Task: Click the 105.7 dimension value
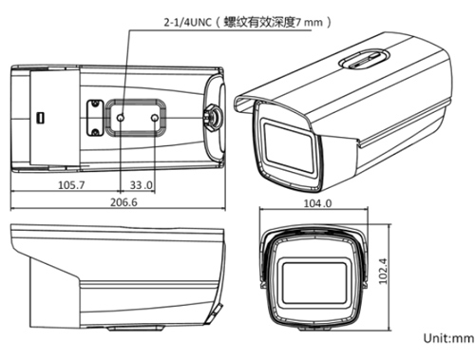click(71, 184)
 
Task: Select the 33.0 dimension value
click(142, 184)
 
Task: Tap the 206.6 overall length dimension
click(123, 202)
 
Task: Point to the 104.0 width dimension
click(317, 203)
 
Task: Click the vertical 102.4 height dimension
click(383, 271)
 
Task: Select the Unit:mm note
click(448, 338)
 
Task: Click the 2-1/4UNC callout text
click(187, 23)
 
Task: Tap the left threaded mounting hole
click(121, 118)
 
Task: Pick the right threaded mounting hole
click(155, 118)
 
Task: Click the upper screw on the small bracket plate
click(95, 104)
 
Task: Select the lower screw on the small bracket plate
click(95, 132)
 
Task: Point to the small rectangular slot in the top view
click(40, 118)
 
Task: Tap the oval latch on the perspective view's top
click(365, 59)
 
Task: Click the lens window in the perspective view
click(289, 147)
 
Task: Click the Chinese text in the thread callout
click(259, 23)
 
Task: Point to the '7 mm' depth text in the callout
click(309, 23)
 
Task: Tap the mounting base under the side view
click(135, 328)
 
